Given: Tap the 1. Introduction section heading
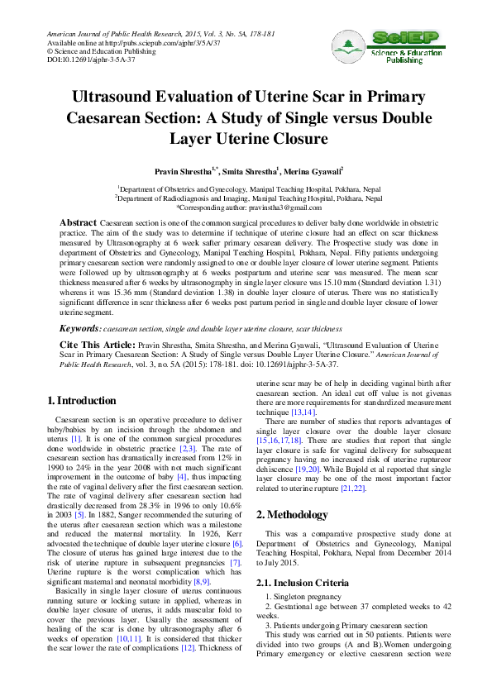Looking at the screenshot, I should (82, 401).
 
